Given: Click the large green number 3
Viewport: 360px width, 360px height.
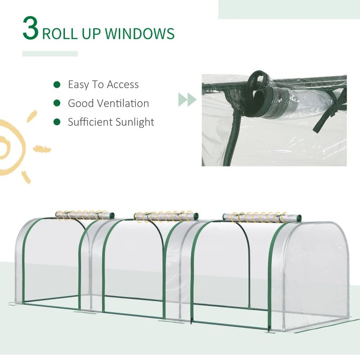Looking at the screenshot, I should pos(31,29).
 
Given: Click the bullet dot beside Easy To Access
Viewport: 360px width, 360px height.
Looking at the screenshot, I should pos(57,84).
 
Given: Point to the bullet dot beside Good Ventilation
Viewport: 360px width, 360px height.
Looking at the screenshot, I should pos(57,103).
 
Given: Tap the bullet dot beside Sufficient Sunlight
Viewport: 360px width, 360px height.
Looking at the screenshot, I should pos(57,122).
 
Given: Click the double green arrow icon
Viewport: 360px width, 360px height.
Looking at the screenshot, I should pos(187,99).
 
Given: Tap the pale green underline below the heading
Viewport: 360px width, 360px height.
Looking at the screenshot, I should pos(50,54).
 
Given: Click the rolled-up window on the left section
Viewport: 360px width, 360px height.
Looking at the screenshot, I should pos(85,215).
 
